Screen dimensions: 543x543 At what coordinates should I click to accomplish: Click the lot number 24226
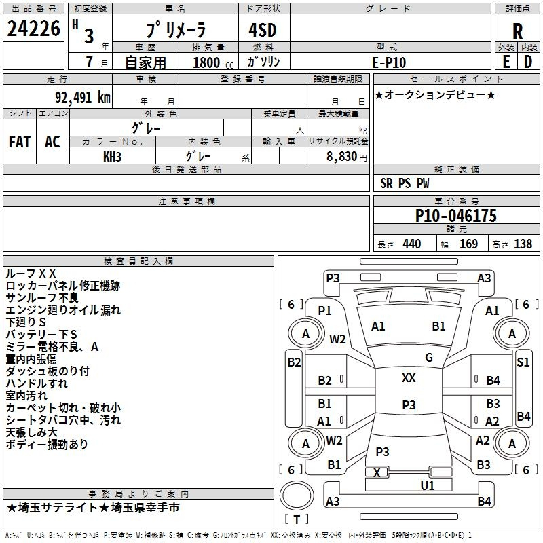(x=33, y=29)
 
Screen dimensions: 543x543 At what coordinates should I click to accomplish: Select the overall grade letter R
(x=517, y=31)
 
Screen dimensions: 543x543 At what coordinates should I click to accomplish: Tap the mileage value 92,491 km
(x=83, y=98)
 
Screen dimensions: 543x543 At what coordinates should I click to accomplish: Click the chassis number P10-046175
(x=455, y=215)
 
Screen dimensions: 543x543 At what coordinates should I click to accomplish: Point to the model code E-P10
(x=389, y=62)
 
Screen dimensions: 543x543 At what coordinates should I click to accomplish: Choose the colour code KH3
(x=112, y=157)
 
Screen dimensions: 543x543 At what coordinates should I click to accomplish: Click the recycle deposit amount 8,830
(x=342, y=157)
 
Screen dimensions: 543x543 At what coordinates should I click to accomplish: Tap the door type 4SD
(x=263, y=30)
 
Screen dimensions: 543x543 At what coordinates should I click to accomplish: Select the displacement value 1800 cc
(x=213, y=62)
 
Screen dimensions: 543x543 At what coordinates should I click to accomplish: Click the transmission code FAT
(x=20, y=142)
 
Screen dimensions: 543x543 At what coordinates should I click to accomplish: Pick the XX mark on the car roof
(x=409, y=378)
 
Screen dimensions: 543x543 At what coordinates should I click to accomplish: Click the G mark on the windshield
(x=429, y=358)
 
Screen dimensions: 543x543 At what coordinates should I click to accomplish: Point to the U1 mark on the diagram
(x=428, y=486)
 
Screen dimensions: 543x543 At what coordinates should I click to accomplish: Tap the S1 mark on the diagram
(x=523, y=362)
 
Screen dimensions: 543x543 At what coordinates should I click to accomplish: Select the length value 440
(x=412, y=244)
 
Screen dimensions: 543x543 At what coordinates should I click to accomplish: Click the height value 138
(x=523, y=244)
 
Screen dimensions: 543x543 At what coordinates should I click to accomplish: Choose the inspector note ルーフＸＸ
(x=31, y=274)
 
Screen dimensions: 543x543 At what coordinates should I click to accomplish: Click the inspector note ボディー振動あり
(x=47, y=444)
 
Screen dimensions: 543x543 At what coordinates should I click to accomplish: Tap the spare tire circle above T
(x=297, y=495)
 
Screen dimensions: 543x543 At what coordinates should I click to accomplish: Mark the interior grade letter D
(x=528, y=62)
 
